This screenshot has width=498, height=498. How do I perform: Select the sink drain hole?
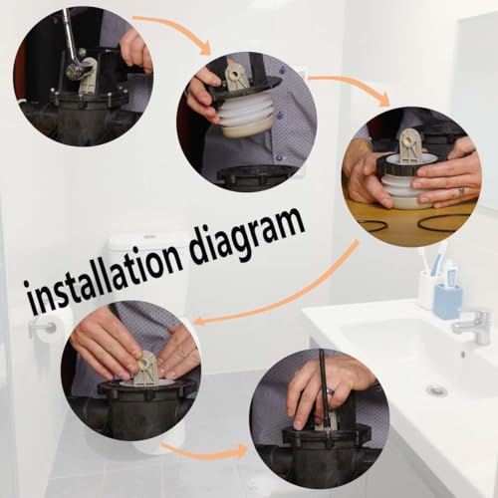pos(436,389)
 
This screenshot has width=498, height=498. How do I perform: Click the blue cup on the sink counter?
pos(448,301)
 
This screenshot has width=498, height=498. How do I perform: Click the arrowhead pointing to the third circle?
pos(384,99)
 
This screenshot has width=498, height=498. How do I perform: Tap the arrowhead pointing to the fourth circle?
pos(200,321)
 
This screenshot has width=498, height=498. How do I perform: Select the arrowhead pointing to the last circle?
pos(242,451)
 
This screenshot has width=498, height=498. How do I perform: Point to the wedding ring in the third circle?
pos(461,191)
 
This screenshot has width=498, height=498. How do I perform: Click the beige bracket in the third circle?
pos(408,146)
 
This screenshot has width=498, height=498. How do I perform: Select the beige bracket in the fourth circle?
pos(147,368)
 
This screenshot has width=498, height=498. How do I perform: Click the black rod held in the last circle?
pos(324,388)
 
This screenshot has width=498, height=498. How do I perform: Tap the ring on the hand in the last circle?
pos(331,390)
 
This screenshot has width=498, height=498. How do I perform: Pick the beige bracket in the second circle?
pos(236,78)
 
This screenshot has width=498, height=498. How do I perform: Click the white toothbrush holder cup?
pos(427,290)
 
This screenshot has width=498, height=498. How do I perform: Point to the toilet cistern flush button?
pos(152,236)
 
